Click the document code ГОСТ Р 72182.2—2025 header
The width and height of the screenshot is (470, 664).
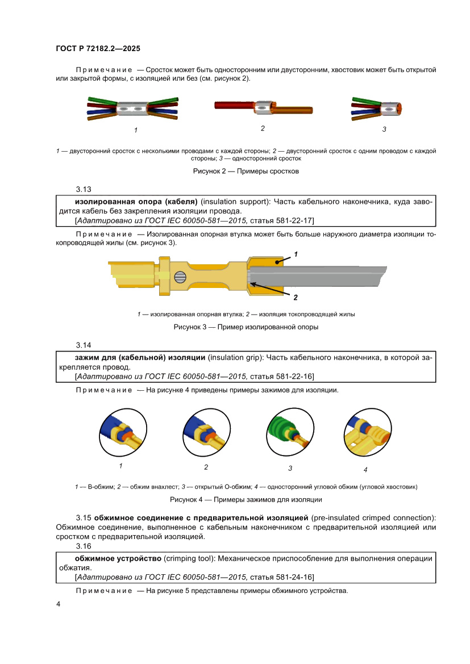(102, 49)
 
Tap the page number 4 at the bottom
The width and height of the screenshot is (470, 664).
(59, 604)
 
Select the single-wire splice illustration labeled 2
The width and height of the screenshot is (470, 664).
(263, 107)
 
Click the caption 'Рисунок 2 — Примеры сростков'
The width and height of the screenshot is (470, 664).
(246, 171)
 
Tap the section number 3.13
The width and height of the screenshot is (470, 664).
(84, 189)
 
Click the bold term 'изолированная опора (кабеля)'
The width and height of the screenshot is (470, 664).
(136, 202)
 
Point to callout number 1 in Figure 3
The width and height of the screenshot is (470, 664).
(296, 253)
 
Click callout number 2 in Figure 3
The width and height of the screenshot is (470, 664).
(296, 297)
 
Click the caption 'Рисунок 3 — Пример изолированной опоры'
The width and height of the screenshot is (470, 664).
(246, 327)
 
